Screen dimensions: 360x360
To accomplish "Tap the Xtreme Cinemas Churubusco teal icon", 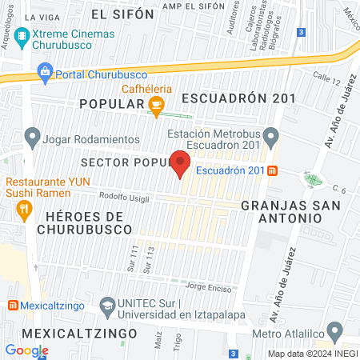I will pyautogui.click(x=20, y=37).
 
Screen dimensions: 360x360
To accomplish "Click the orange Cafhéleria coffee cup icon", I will pyautogui.click(x=157, y=103).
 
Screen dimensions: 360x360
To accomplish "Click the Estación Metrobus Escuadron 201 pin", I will pyautogui.click(x=272, y=138).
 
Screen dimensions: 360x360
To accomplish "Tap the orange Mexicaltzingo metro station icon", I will pyautogui.click(x=14, y=305).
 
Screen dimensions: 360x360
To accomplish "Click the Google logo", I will pyautogui.click(x=26, y=350).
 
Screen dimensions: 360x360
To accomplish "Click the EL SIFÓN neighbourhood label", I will pyautogui.click(x=122, y=14).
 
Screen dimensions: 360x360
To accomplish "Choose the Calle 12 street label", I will pyautogui.click(x=326, y=78).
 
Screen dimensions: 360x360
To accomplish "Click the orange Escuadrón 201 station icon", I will pyautogui.click(x=273, y=170).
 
